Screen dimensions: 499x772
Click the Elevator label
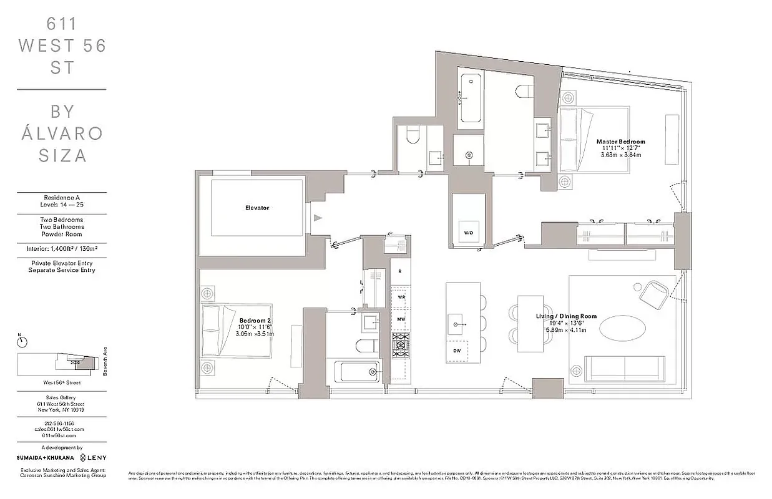point(257,208)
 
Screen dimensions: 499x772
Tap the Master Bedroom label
point(620,142)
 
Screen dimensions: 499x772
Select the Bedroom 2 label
point(254,321)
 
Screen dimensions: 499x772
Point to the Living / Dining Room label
point(567,316)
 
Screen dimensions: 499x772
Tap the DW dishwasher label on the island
point(457,351)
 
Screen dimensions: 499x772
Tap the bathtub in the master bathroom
point(471,99)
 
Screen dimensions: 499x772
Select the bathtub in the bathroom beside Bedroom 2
point(356,372)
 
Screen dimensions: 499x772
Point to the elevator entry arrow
point(318,218)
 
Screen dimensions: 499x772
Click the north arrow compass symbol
point(22,341)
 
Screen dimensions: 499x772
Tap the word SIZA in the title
point(62,156)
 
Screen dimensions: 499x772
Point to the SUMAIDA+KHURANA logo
point(40,457)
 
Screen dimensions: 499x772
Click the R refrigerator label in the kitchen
point(399,271)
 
